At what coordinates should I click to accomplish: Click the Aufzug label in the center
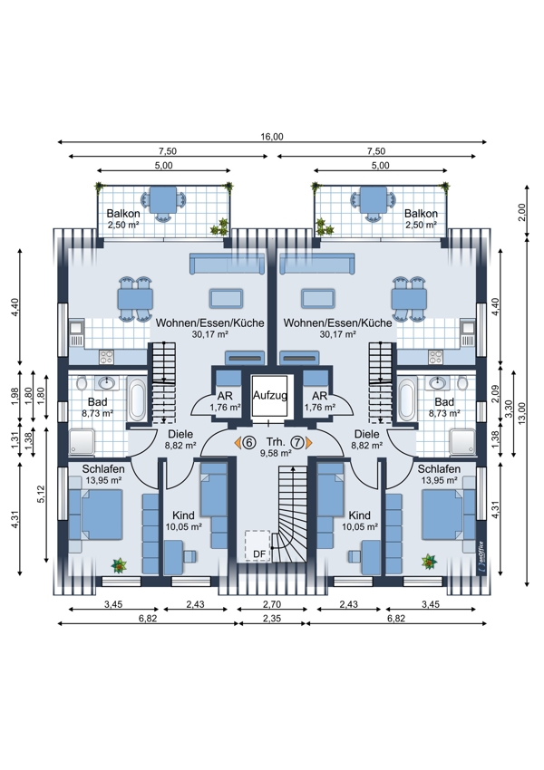(270, 395)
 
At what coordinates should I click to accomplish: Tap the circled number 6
(249, 443)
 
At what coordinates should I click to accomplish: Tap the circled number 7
(297, 443)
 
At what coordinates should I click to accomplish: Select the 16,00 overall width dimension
(272, 137)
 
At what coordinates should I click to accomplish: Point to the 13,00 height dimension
(522, 412)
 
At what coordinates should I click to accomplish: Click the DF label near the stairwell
(259, 554)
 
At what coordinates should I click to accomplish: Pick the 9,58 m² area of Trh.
(276, 453)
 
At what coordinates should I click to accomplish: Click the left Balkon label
(123, 214)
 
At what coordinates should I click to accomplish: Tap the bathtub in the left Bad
(137, 399)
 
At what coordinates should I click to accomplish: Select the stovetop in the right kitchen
(435, 357)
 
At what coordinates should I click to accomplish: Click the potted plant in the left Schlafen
(119, 565)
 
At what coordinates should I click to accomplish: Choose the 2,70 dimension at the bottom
(272, 604)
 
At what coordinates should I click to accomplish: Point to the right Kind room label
(359, 515)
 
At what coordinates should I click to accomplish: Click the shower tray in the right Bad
(462, 442)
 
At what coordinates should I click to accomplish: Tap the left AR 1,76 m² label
(225, 401)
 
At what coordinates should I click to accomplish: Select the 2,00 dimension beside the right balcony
(522, 212)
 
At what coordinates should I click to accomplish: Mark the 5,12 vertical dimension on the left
(42, 494)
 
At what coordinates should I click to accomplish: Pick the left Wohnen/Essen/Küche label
(209, 323)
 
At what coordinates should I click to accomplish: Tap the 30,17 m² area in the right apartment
(337, 334)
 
